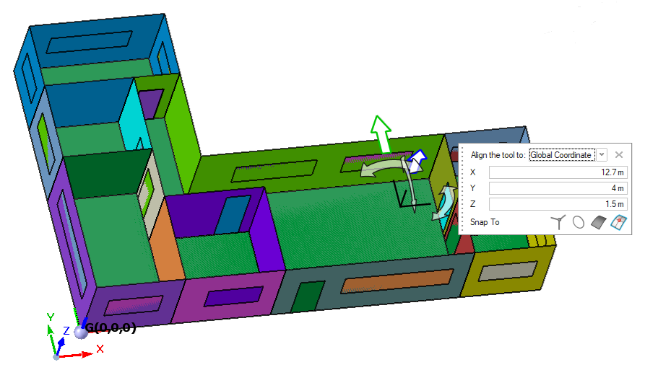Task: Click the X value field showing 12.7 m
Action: [x=558, y=172]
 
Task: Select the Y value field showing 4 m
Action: [x=558, y=188]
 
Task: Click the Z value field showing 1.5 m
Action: [x=558, y=204]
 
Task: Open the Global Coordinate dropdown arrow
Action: [x=602, y=155]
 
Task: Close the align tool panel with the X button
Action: [x=619, y=155]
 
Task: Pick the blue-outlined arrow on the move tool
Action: [x=417, y=161]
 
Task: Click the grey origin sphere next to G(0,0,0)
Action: [x=81, y=332]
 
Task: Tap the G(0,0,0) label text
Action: [x=111, y=327]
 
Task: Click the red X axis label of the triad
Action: [x=100, y=349]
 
